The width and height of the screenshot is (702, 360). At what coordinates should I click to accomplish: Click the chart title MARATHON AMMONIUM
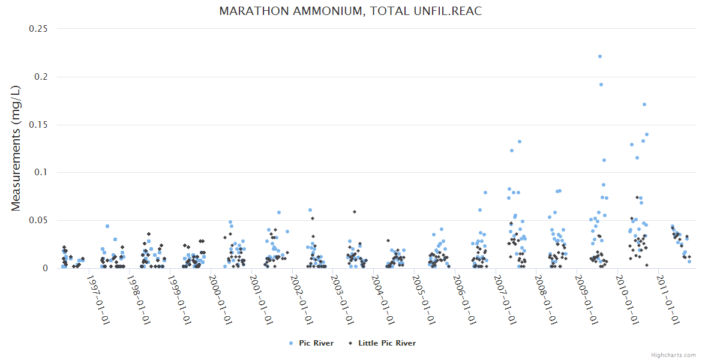pos(350,11)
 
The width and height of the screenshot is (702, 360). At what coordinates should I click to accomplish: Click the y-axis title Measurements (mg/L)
pos(16,148)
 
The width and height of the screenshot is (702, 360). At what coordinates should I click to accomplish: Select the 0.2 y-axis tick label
pos(42,77)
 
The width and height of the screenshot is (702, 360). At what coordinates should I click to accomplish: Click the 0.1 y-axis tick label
pos(42,173)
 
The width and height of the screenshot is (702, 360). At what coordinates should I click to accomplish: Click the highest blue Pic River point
pos(599,56)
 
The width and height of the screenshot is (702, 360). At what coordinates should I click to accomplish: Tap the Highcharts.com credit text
pos(673,355)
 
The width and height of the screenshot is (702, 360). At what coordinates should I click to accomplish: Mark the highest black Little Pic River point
pos(637,197)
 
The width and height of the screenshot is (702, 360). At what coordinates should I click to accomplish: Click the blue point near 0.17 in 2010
pos(644,104)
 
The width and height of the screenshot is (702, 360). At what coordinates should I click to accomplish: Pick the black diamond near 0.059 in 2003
pos(355,212)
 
